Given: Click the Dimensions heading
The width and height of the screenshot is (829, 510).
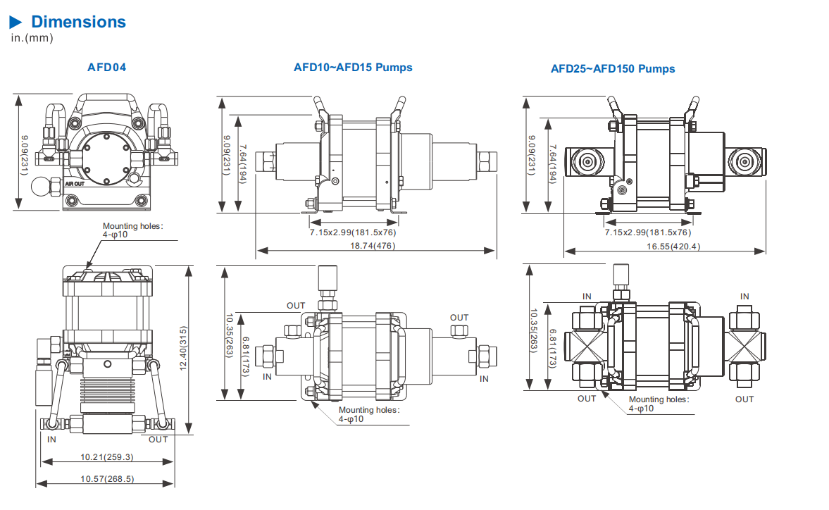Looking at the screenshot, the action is (78, 22).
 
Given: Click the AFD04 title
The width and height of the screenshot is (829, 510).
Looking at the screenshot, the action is (107, 67).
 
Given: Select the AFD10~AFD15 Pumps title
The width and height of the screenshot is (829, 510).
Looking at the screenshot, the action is (353, 67).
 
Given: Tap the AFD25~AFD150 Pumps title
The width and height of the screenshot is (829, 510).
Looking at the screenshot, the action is (613, 69).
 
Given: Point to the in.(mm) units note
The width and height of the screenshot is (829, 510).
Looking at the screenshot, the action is (32, 38).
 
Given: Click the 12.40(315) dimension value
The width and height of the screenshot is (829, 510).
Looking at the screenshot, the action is (183, 348).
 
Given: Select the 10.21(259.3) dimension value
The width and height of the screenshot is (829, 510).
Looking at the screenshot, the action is (107, 457).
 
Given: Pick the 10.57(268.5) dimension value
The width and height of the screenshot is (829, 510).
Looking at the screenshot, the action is (107, 479).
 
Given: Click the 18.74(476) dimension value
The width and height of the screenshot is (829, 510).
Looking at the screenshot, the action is (373, 246).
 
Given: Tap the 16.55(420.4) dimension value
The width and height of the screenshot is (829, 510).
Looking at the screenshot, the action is (673, 247).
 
